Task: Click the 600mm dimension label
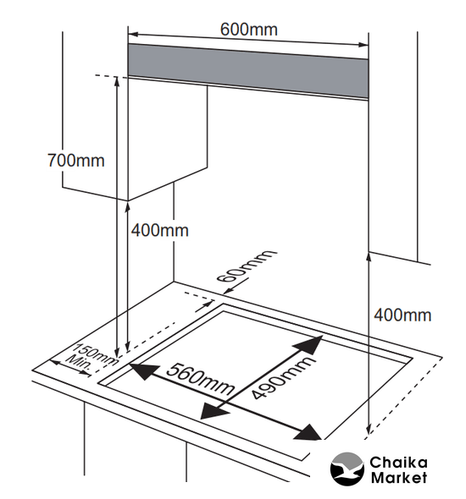tap(248, 30)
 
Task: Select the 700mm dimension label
tap(76, 161)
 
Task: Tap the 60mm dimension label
tap(246, 266)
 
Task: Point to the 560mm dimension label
tap(200, 379)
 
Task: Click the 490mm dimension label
tap(282, 377)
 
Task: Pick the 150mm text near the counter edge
tap(97, 354)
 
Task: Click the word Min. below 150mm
tap(79, 363)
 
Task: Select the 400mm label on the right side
tap(402, 315)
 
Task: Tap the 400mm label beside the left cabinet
tap(159, 230)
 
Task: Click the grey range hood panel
tap(248, 71)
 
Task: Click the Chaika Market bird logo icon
tap(347, 469)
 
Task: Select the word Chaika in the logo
tap(398, 463)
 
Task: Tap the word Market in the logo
tap(399, 478)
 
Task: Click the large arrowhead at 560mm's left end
tap(143, 371)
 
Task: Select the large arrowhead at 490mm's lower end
tap(213, 412)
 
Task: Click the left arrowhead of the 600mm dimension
tap(133, 34)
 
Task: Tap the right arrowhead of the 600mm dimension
tap(363, 44)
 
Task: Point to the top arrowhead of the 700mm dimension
tap(117, 81)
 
